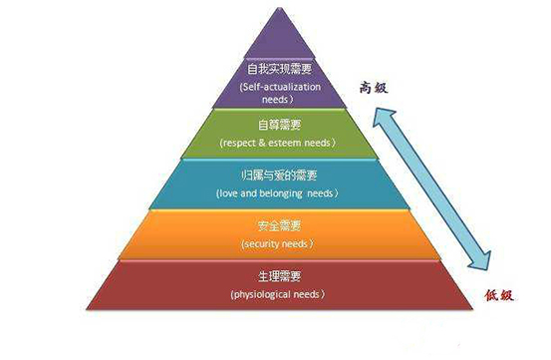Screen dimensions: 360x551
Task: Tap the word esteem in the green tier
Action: pos(296,143)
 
